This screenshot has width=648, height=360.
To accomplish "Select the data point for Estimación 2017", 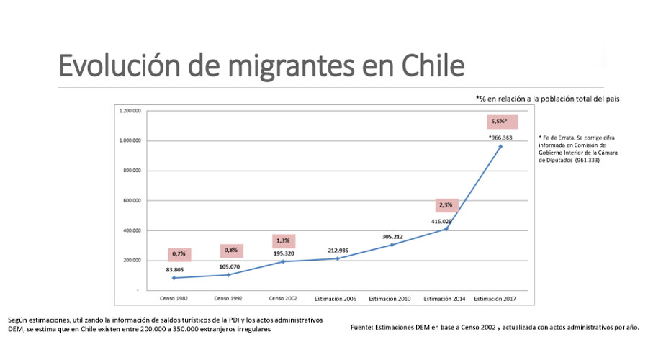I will coord(500,146).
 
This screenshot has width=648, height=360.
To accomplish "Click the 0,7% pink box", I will coord(179,254).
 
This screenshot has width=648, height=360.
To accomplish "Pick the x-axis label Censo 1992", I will coord(228,298).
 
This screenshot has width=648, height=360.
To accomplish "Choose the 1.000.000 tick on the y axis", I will coord(131,141).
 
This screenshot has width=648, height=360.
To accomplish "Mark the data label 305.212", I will coord(392,235).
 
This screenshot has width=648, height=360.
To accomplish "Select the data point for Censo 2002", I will coord(282,261).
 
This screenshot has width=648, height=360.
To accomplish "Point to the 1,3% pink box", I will coord(284,241).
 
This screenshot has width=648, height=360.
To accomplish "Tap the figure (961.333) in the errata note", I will coord(587,160).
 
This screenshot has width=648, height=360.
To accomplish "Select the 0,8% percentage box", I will coord(231,251).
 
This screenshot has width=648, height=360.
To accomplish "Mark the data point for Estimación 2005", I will coord(337,258).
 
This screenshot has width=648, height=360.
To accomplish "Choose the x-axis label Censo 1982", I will coord(173,298).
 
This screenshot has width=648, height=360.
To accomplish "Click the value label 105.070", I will coord(228,266).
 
